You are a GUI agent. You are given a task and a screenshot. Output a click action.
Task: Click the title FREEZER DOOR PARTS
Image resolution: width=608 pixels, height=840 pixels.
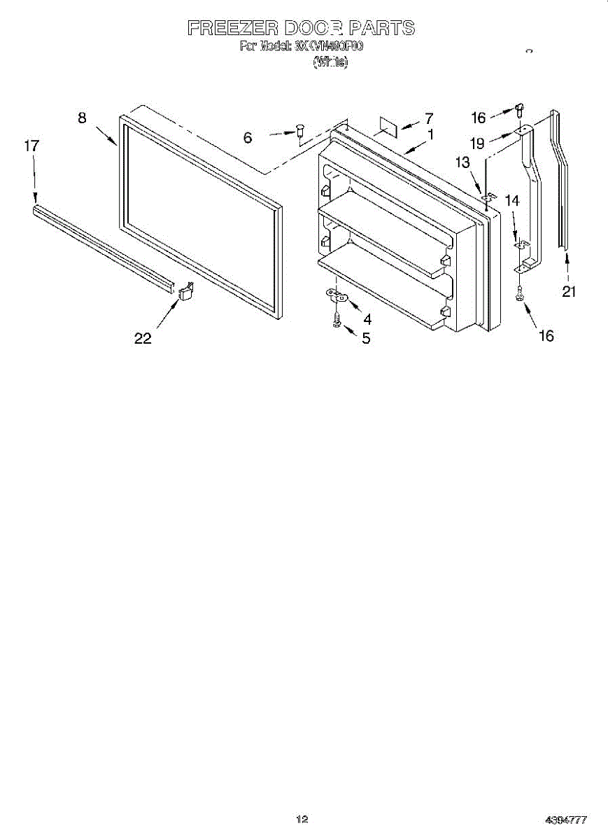pyautogui.click(x=301, y=28)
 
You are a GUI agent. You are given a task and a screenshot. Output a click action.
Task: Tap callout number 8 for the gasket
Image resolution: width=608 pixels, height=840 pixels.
pyautogui.click(x=83, y=118)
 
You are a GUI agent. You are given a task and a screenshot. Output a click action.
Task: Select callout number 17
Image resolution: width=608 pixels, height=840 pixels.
pyautogui.click(x=31, y=146)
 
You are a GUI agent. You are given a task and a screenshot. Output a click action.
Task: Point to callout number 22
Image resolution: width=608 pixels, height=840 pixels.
pyautogui.click(x=143, y=338)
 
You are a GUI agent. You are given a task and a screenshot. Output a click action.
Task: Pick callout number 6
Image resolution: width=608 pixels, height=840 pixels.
pyautogui.click(x=248, y=138)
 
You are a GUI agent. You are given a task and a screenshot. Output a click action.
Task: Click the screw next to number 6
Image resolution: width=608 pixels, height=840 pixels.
pyautogui.click(x=300, y=129)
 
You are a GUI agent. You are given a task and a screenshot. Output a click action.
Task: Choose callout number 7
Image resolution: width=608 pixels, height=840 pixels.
pyautogui.click(x=429, y=118)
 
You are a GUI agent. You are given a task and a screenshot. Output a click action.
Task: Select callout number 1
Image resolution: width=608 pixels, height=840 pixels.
pyautogui.click(x=430, y=134)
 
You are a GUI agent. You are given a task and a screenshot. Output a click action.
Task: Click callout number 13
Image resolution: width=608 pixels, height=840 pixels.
pyautogui.click(x=462, y=163)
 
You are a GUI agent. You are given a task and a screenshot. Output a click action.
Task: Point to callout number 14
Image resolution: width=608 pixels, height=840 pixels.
pyautogui.click(x=512, y=200)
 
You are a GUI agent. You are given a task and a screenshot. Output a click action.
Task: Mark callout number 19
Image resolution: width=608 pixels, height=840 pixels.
pyautogui.click(x=477, y=143)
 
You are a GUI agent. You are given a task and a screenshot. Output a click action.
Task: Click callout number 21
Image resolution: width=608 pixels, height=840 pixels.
pyautogui.click(x=569, y=291)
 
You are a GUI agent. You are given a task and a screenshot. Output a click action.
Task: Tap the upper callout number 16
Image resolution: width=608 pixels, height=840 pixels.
pyautogui.click(x=479, y=118)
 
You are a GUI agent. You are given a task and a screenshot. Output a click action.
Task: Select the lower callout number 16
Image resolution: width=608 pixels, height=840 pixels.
pyautogui.click(x=546, y=336)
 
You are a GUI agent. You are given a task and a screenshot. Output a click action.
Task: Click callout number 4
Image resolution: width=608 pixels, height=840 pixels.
pyautogui.click(x=367, y=319)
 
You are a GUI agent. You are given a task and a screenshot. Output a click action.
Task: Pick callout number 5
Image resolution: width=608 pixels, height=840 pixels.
pyautogui.click(x=365, y=339)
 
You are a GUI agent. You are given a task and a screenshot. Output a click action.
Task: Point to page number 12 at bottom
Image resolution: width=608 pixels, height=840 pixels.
pyautogui.click(x=302, y=818)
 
